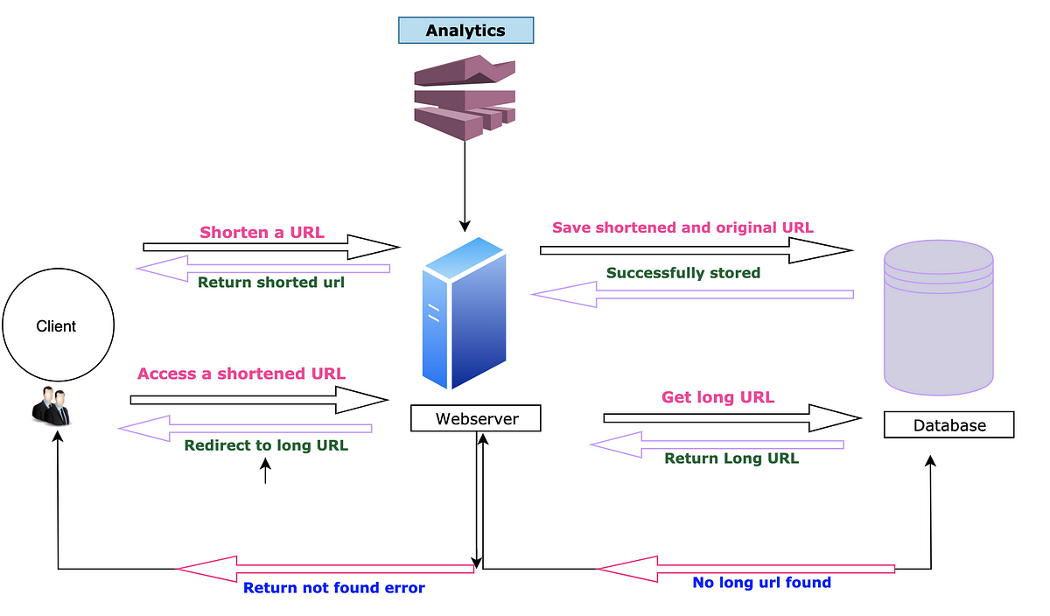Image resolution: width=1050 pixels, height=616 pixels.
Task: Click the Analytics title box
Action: [465, 31]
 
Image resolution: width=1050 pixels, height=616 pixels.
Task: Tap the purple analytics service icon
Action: [464, 96]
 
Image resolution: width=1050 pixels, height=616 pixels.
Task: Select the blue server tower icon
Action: [465, 313]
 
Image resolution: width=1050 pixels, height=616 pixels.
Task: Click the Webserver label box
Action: [476, 418]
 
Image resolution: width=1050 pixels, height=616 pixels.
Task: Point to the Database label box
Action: [948, 425]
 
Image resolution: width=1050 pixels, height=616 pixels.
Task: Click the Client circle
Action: [58, 326]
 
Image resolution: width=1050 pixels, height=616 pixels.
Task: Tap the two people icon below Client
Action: [51, 405]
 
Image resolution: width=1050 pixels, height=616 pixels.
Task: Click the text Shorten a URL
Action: [262, 233]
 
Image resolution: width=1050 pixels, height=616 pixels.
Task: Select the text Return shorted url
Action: [271, 283]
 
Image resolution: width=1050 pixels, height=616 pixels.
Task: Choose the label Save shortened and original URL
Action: [682, 227]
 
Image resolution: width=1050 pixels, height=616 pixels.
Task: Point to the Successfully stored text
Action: [683, 273]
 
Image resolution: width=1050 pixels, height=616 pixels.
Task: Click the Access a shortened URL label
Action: [241, 374]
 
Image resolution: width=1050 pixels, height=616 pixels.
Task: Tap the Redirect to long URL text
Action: [266, 445]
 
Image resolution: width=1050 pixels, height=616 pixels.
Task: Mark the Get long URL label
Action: [717, 397]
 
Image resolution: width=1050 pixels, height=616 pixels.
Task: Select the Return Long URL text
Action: [731, 458]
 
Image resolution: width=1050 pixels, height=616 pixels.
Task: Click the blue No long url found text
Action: [761, 582]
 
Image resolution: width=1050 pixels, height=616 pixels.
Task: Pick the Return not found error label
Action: [333, 588]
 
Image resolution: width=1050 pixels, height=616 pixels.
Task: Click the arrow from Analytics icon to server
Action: [465, 184]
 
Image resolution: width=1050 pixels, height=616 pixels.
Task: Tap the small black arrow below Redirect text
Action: [265, 472]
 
